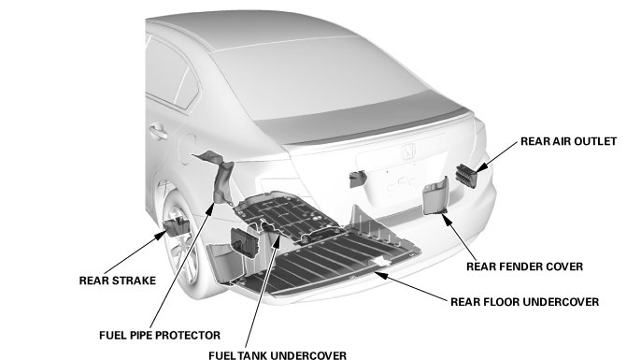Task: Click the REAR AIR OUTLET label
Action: [568, 141]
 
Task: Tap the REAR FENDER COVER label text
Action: [524, 266]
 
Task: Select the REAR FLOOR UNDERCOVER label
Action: [524, 302]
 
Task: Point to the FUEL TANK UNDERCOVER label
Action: [278, 355]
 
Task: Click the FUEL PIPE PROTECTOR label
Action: [160, 335]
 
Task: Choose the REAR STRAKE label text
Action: [117, 281]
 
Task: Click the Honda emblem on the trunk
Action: [408, 152]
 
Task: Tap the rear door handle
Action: [158, 131]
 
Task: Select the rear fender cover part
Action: [435, 196]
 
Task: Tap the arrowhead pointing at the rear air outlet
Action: [482, 166]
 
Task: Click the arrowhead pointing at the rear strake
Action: [161, 236]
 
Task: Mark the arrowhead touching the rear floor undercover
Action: [381, 275]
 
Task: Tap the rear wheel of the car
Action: [182, 244]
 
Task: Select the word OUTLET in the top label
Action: [595, 141]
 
